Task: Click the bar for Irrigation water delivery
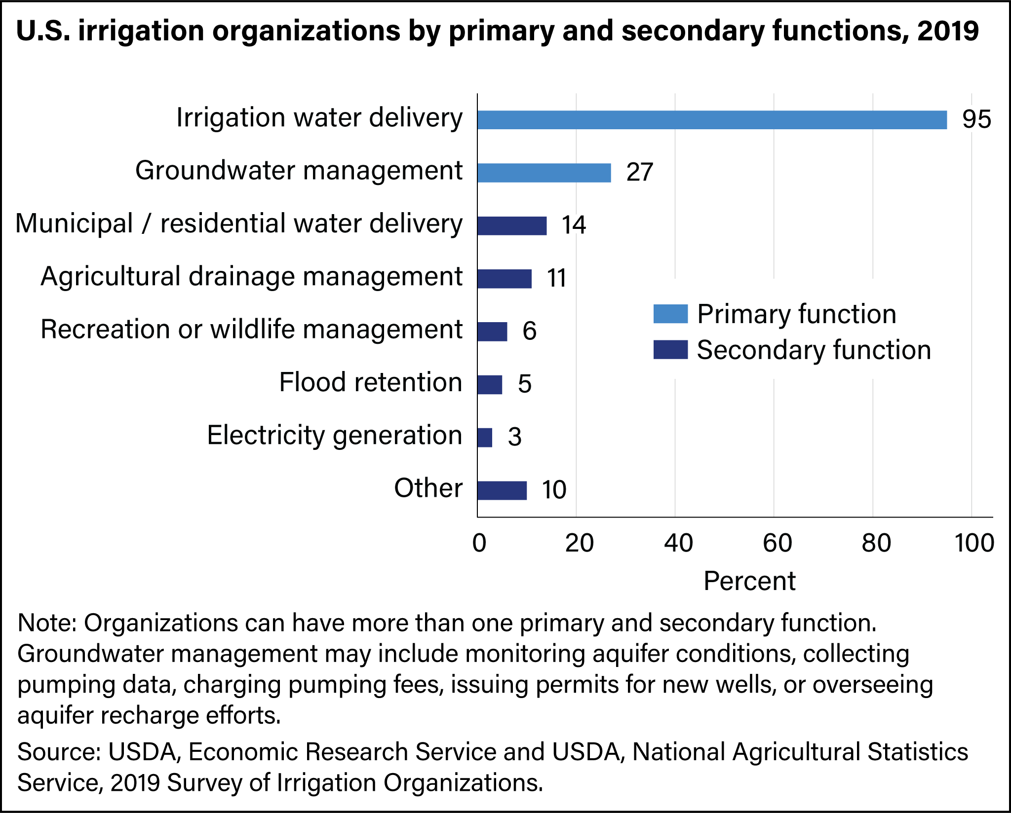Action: coord(712,120)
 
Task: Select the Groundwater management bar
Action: coord(544,173)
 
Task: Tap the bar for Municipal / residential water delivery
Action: coord(512,225)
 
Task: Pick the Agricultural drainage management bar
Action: coord(505,279)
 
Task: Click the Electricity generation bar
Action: coord(485,438)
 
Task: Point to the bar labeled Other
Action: coord(502,490)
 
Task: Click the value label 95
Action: coord(976,120)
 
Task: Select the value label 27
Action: coord(640,173)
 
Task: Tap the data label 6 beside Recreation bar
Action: coord(529,331)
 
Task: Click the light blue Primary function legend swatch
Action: coord(670,314)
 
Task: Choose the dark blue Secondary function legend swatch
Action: coord(670,350)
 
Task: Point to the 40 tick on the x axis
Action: coord(678,543)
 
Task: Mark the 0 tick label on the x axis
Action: coord(479,543)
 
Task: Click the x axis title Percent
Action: coord(749,581)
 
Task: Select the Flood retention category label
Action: coord(370,382)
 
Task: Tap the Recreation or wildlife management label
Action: coord(251,330)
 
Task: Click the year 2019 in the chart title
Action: coord(948,31)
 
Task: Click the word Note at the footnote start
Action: coord(46,623)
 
